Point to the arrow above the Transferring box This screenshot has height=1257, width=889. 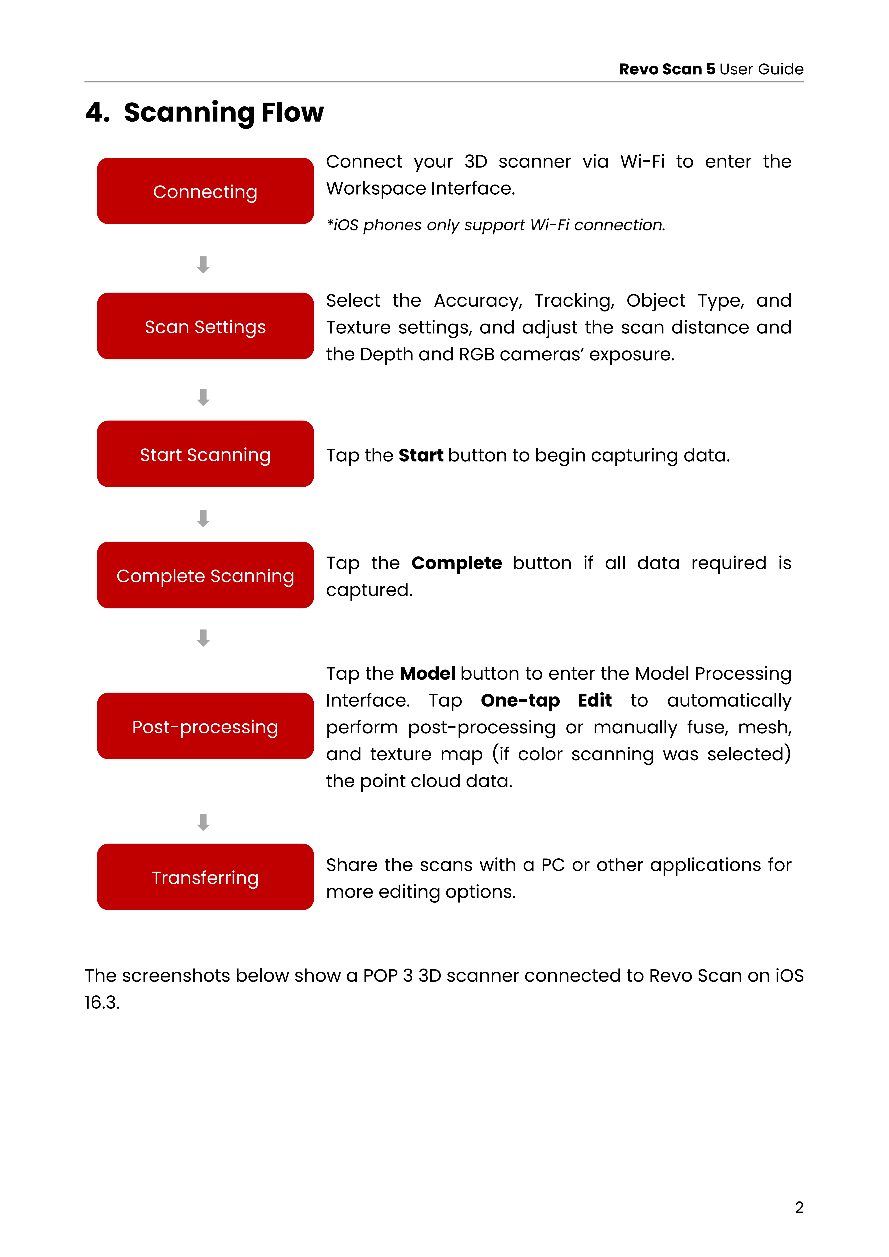[203, 822]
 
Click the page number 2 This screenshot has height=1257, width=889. [799, 1207]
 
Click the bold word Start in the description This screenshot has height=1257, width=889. [421, 456]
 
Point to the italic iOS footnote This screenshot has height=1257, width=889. [495, 225]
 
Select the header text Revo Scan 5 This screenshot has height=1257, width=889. [667, 69]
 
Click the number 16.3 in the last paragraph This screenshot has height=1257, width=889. [102, 1002]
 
